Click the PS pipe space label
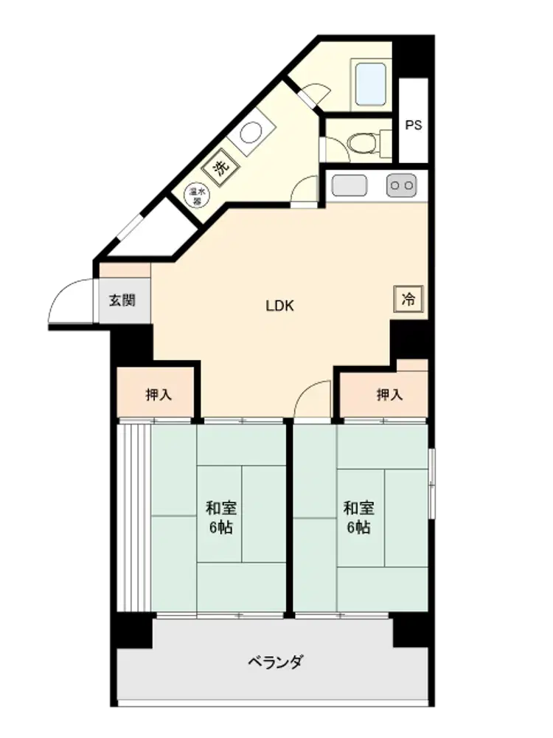pos(414,125)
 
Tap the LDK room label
pos(279,306)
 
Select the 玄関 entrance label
pos(122,300)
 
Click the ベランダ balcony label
pos(276,662)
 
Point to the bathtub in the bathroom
pos(371,85)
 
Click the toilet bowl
pos(363,142)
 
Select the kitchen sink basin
pos(349,185)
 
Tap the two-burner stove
pos(402,185)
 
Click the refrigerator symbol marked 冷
pos(408,299)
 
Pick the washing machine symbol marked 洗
pos(221,166)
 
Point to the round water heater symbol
pos(198,194)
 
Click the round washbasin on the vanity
pos(251,133)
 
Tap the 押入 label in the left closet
pos(159,394)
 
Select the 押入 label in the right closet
pos(390,394)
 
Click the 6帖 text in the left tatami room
pos(220,528)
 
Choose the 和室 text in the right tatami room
pos(359,508)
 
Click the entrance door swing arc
pos(64,290)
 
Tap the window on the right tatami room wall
pos(431,483)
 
